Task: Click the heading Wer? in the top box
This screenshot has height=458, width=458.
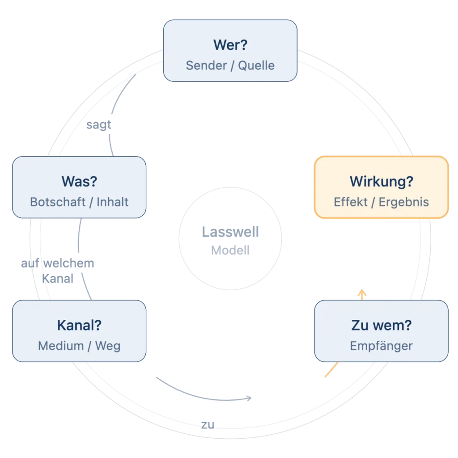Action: (x=230, y=45)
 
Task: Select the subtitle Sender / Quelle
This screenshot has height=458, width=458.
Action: (x=230, y=65)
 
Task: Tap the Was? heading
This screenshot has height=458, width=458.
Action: (x=79, y=182)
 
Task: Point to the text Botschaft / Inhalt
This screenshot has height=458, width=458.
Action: (x=79, y=202)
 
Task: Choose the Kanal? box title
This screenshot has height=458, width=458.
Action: (x=79, y=325)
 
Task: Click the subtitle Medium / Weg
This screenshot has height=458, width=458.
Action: (x=79, y=346)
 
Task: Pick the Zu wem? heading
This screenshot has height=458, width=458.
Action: (x=382, y=325)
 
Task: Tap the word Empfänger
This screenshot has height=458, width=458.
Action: (x=382, y=346)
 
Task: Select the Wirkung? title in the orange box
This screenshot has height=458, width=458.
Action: (x=382, y=182)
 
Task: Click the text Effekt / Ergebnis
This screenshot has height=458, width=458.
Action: (x=382, y=202)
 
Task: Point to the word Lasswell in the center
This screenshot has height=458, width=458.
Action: (x=230, y=232)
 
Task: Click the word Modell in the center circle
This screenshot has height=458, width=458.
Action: (x=230, y=250)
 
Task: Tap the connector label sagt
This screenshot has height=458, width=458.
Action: (x=99, y=125)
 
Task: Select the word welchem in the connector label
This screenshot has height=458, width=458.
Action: (x=68, y=263)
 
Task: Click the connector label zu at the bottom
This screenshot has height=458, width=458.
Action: (x=208, y=425)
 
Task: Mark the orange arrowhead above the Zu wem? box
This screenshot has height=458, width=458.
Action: (x=362, y=293)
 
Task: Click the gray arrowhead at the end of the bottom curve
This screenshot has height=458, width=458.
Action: (x=249, y=398)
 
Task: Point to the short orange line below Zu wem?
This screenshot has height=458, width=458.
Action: (x=331, y=370)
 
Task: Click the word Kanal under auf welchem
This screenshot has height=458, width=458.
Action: (x=58, y=279)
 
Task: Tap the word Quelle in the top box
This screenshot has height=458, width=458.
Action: (x=256, y=65)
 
